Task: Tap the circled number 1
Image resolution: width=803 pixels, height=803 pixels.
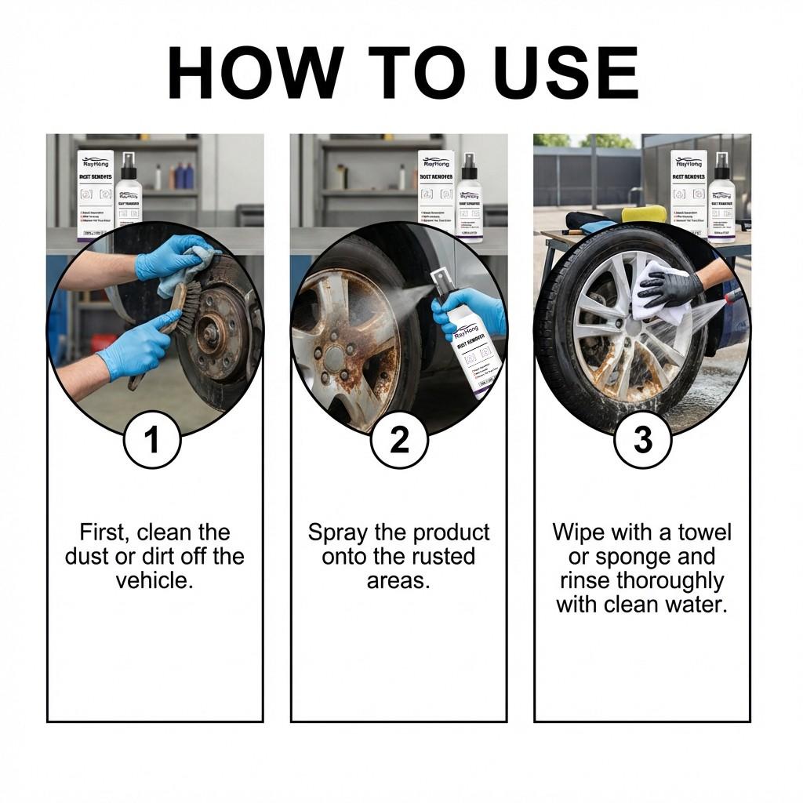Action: (x=152, y=440)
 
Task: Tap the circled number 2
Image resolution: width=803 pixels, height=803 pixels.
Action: (x=399, y=440)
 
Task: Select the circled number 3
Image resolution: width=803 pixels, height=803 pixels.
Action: (x=642, y=440)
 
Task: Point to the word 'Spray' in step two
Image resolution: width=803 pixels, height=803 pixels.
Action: (x=338, y=532)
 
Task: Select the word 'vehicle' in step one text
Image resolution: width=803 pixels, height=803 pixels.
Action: (x=154, y=581)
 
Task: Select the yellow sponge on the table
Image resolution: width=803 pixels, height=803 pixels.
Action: (x=644, y=213)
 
